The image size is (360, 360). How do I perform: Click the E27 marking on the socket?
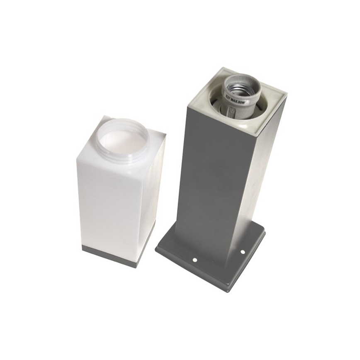pos(228,96)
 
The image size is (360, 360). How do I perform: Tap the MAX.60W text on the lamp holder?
pos(239,100)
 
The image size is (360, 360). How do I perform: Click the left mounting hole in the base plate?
pos(195,260)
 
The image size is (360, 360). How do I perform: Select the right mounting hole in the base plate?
pos(242,251)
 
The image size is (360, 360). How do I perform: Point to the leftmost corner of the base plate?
pos(156,249)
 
